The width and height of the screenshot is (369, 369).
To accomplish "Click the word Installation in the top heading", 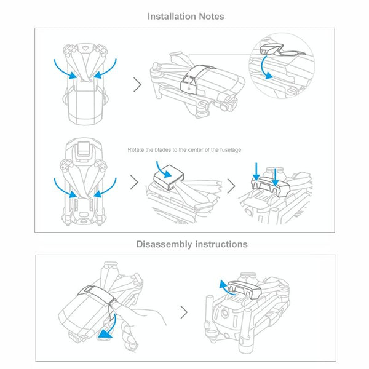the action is [172, 17].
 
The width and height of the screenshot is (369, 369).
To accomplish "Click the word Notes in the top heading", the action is [212, 17].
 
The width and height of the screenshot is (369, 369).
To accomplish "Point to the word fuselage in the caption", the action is [231, 150].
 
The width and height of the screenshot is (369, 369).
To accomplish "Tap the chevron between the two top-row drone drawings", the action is [137, 84].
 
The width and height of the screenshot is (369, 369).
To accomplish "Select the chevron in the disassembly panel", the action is [184, 312].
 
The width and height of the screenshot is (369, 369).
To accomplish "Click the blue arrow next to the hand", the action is [111, 327].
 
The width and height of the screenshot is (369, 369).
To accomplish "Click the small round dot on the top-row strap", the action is [189, 89].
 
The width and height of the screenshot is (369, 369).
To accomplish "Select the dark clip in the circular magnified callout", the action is [271, 49].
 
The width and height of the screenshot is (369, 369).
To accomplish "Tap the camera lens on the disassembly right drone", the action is [225, 313].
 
